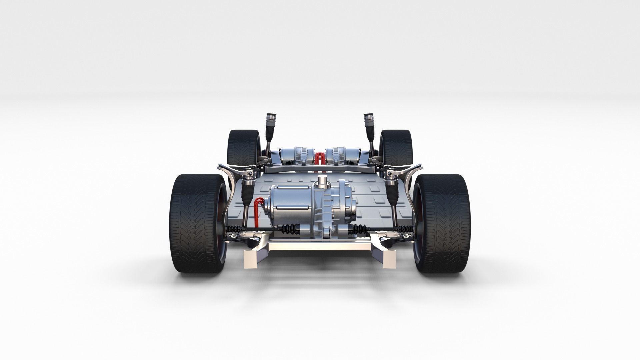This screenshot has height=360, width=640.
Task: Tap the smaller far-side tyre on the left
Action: click(244, 147)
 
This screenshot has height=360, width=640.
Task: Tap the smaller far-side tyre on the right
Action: click(396, 147)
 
